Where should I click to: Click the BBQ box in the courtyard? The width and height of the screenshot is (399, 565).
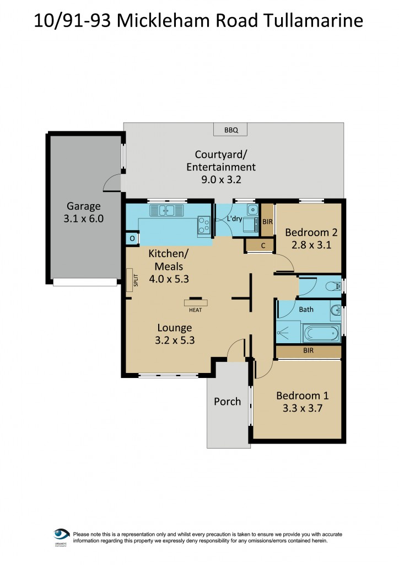click(230, 130)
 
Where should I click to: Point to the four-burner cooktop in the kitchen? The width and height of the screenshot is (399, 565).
click(204, 224)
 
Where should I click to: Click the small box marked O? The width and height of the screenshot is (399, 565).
click(132, 238)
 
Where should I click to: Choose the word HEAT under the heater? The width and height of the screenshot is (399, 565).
click(196, 310)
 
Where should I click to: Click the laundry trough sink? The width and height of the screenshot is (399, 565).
click(252, 209)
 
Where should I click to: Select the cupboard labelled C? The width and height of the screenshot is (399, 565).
click(259, 246)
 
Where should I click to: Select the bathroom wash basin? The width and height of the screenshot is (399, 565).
click(336, 310)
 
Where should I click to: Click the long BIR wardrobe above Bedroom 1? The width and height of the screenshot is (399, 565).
click(309, 351)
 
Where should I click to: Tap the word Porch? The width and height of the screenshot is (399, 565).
click(228, 401)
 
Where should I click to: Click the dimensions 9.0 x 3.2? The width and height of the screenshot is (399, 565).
click(221, 179)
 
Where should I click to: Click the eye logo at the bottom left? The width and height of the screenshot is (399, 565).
click(61, 535)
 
